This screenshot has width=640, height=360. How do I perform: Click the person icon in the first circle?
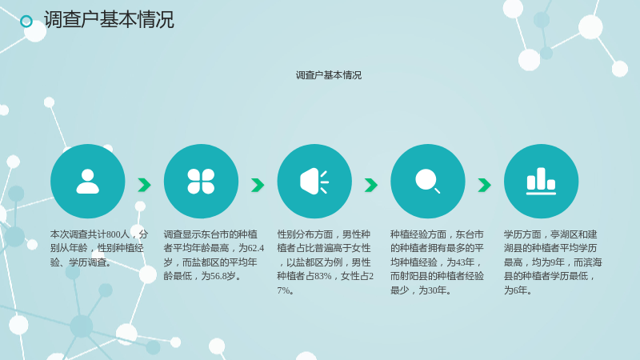click(88, 182)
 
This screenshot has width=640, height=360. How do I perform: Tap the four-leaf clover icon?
click(201, 182)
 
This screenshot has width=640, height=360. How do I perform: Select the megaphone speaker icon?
click(314, 182)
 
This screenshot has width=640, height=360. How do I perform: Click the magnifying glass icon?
click(427, 181)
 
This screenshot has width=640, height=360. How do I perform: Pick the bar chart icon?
click(541, 182)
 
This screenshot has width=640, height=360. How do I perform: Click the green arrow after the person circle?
click(145, 185)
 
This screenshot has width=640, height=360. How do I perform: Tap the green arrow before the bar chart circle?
click(485, 185)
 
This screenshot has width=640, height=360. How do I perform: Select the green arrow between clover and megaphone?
click(258, 185)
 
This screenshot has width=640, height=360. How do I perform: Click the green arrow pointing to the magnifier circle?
click(371, 185)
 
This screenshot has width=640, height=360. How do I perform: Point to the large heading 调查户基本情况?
click(109, 19)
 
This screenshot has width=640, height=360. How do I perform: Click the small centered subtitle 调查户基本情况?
click(329, 75)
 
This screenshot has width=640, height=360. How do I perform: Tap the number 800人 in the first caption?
click(118, 234)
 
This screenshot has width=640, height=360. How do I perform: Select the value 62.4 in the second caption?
click(256, 248)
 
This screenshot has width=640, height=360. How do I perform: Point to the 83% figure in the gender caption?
click(323, 276)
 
